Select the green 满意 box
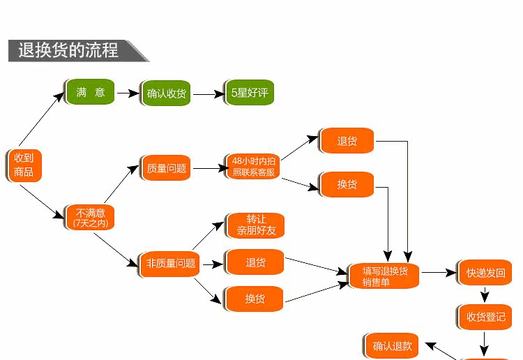[91, 92]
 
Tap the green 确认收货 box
[166, 93]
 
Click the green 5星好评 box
[250, 93]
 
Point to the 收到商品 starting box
[24, 165]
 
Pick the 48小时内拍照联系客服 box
[252, 166]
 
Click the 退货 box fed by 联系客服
[347, 142]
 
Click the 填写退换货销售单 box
[384, 276]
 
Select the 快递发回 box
[485, 273]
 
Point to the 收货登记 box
[485, 317]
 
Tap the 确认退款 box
[393, 345]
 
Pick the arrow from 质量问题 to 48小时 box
[209, 168]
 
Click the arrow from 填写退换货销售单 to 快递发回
[439, 273]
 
